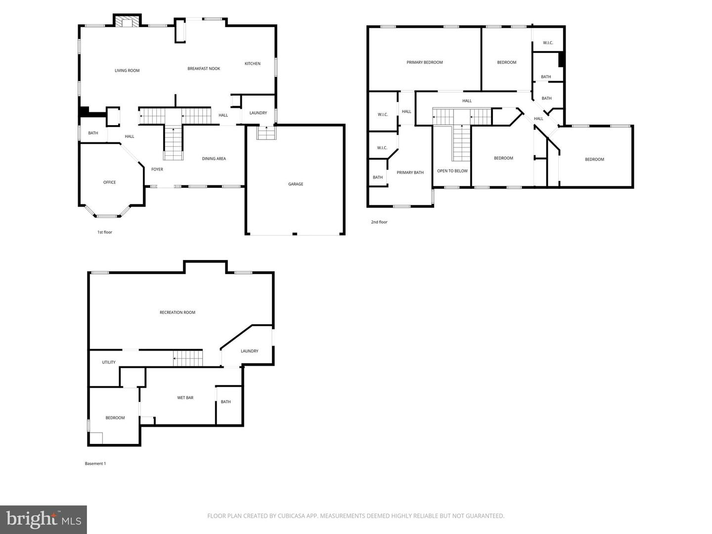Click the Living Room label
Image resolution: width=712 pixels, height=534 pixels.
pyautogui.click(x=127, y=71)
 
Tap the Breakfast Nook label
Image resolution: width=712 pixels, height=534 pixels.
pyautogui.click(x=204, y=69)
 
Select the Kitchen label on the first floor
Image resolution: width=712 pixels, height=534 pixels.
pyautogui.click(x=253, y=64)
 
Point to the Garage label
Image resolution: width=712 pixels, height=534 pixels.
pyautogui.click(x=296, y=184)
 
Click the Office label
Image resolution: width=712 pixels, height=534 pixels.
pyautogui.click(x=110, y=182)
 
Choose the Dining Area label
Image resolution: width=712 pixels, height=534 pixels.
pyautogui.click(x=214, y=159)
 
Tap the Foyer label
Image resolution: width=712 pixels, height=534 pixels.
pyautogui.click(x=157, y=170)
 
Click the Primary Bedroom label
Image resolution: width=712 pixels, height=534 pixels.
pyautogui.click(x=425, y=62)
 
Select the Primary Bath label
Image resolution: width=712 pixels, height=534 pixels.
pyautogui.click(x=410, y=173)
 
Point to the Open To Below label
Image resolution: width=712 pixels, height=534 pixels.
pyautogui.click(x=452, y=171)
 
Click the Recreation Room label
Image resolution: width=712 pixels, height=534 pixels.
pyautogui.click(x=178, y=312)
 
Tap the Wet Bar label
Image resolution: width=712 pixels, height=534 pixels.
pyautogui.click(x=185, y=398)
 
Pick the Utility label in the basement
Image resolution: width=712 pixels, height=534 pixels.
pyautogui.click(x=109, y=362)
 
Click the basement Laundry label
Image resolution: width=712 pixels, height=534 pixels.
pyautogui.click(x=250, y=351)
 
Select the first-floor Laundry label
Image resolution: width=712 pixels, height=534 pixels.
pyautogui.click(x=258, y=113)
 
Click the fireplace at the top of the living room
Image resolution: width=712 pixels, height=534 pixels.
pyautogui.click(x=128, y=22)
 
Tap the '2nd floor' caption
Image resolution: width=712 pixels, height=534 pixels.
pyautogui.click(x=379, y=222)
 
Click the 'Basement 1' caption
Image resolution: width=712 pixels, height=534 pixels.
pyautogui.click(x=95, y=464)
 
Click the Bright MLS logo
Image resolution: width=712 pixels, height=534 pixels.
pyautogui.click(x=44, y=519)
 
